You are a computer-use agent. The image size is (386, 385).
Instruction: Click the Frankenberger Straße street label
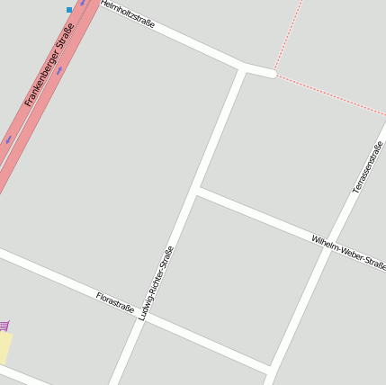50,70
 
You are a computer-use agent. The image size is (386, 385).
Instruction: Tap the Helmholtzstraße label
128,14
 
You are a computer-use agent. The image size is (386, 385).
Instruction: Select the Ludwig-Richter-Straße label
157,282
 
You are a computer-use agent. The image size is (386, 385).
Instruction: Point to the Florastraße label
115,301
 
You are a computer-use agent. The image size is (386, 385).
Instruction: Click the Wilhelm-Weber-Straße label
348,254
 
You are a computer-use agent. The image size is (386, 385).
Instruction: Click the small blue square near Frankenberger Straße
69,10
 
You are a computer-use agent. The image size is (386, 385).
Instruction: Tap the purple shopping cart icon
4,326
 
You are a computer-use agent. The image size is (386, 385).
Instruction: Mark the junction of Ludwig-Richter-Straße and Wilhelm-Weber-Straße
197,190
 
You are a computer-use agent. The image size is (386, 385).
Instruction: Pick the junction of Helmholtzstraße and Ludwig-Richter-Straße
243,68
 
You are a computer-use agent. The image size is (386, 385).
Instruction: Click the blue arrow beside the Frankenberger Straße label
60,69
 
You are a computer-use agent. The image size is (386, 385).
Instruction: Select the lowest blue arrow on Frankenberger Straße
8,139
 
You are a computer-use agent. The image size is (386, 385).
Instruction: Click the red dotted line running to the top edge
288,36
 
